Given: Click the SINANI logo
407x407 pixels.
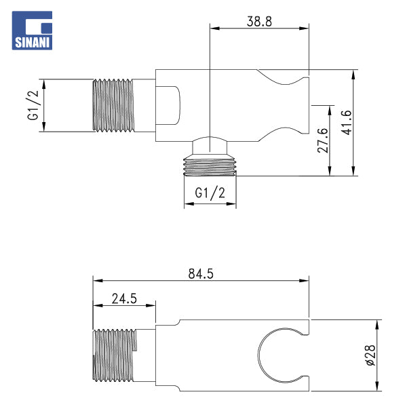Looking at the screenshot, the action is (x=32, y=31).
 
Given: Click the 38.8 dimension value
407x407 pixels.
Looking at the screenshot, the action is (x=259, y=21).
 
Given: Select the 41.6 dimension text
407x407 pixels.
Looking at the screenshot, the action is (x=347, y=123).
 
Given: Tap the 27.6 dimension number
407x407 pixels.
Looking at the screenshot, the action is (x=324, y=140).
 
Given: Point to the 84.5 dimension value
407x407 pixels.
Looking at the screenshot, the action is (x=201, y=273).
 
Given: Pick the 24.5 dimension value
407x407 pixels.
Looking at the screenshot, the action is (x=124, y=298).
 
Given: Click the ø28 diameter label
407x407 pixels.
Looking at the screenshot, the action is (x=371, y=355).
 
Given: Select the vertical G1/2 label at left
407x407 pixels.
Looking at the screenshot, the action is (x=33, y=105).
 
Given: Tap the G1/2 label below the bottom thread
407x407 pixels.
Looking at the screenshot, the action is (x=210, y=193).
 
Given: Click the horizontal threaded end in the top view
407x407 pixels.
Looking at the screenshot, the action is (x=114, y=105).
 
